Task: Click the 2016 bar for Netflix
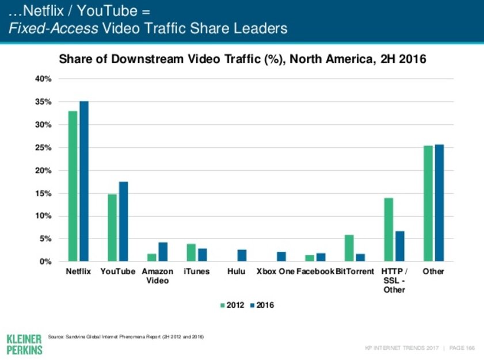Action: pyautogui.click(x=84, y=181)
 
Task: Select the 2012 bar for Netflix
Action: pyautogui.click(x=73, y=186)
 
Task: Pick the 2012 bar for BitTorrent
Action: pyautogui.click(x=349, y=248)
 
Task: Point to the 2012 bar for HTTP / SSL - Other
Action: pyautogui.click(x=388, y=229)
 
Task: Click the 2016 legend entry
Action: pyautogui.click(x=262, y=305)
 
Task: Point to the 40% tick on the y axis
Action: pyautogui.click(x=44, y=79)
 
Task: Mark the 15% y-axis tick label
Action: pyautogui.click(x=44, y=194)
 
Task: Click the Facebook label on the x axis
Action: pyautogui.click(x=315, y=271)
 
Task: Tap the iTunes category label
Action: pyautogui.click(x=196, y=271)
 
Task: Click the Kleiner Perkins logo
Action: pyautogui.click(x=24, y=343)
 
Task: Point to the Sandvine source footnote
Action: pyautogui.click(x=127, y=336)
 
